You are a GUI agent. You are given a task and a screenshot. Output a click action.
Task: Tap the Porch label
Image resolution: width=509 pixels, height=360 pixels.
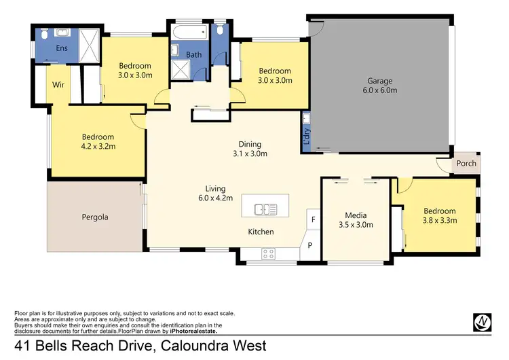(x=466, y=164)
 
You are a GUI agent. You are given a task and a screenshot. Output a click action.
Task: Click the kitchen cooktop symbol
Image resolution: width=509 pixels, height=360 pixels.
(x=268, y=255)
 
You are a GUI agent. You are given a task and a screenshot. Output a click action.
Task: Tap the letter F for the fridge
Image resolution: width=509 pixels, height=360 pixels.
(x=313, y=219)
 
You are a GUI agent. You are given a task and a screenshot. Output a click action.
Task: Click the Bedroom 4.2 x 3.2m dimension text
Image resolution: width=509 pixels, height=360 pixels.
(x=98, y=146)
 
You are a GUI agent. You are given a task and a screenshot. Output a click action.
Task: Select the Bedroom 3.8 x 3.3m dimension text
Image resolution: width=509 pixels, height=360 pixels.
(x=440, y=220)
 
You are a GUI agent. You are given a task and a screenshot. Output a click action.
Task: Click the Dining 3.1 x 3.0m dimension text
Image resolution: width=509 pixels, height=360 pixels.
(x=250, y=154)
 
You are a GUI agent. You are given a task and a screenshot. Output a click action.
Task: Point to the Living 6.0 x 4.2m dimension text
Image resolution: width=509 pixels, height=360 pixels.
(x=215, y=198)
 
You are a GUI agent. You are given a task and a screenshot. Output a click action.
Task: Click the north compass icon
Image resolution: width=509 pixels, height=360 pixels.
(x=482, y=322)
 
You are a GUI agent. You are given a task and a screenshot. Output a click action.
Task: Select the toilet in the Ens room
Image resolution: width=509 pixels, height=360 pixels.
(x=42, y=34)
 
